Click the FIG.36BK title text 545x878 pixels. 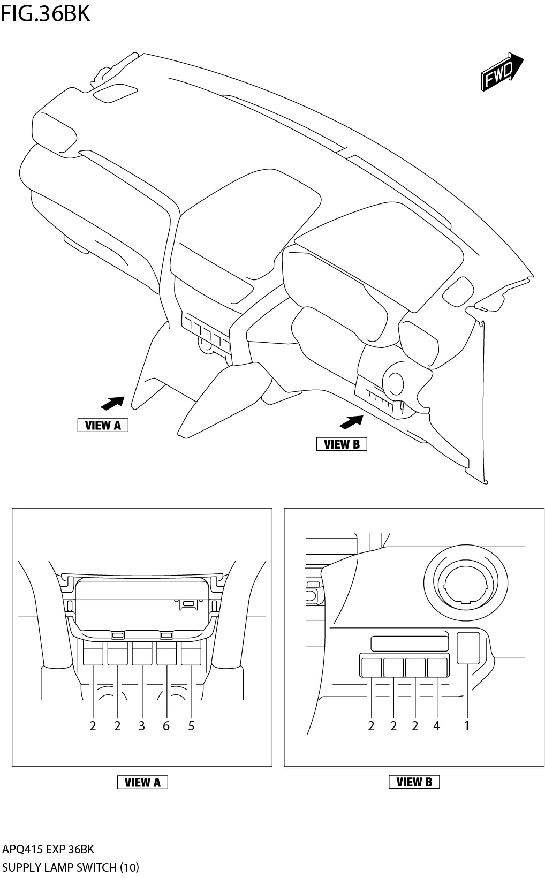tap(45, 14)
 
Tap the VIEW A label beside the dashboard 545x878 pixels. tap(103, 425)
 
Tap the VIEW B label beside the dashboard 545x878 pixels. tap(342, 444)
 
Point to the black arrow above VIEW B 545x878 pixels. tap(351, 422)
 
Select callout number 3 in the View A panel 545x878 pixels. tap(141, 726)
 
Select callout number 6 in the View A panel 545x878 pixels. tap(166, 726)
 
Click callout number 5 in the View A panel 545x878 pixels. tap(191, 726)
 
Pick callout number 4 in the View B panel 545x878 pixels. tap(436, 726)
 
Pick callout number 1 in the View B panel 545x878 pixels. tap(467, 726)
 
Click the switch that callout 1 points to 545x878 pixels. tap(468, 647)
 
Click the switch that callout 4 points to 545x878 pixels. tap(437, 667)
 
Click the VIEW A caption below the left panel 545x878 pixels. tap(142, 782)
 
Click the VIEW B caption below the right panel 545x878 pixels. tap(414, 782)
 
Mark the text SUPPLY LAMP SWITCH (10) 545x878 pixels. tap(70, 867)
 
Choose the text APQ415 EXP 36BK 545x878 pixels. tap(48, 849)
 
